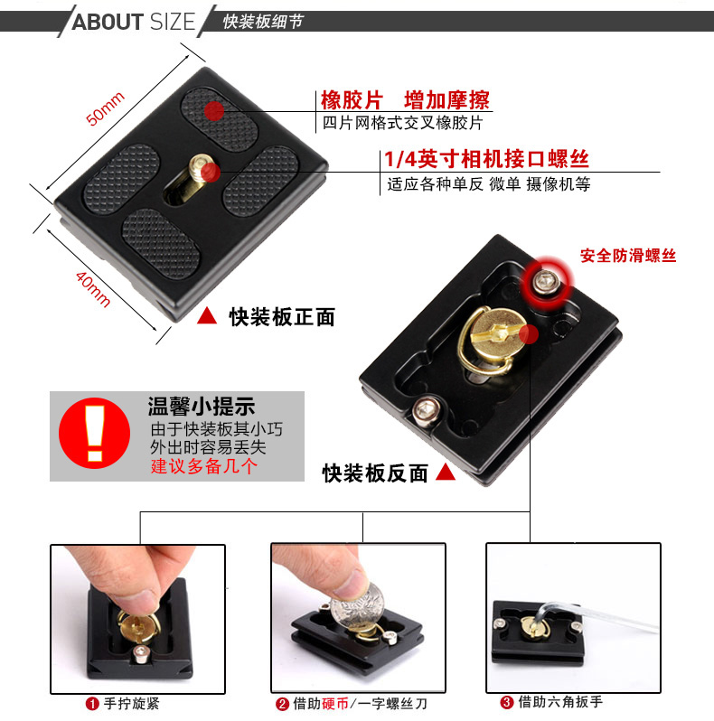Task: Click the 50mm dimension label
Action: pos(106,108)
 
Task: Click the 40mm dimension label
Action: pos(93,289)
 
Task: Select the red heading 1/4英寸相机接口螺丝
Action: pos(486,159)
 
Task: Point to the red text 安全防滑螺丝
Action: pos(628,255)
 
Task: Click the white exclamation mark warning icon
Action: pos(95,433)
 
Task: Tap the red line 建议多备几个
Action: pos(203,466)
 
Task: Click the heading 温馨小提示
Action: pos(201,406)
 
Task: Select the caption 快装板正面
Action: pos(282,317)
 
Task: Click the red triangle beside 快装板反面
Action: pos(445,472)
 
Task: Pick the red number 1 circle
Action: pos(92,704)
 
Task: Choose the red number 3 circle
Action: pos(506,702)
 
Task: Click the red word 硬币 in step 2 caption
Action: pos(335,704)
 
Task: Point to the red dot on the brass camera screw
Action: pos(211,173)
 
